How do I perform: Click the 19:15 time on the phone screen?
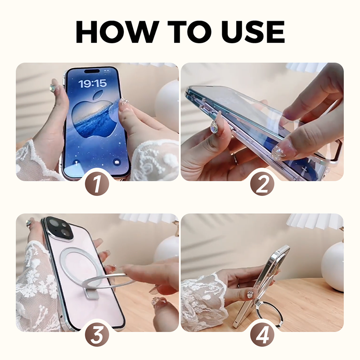point(92,83)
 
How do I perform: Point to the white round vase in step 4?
point(333,266)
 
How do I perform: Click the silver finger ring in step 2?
point(234,157)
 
